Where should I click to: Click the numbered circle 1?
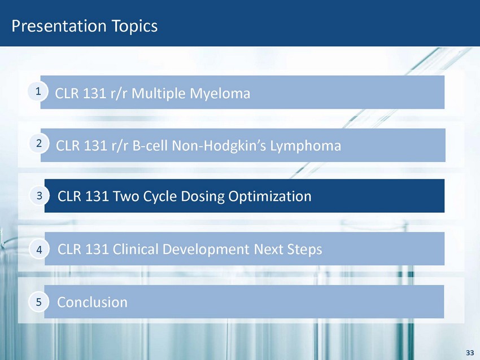click(38, 91)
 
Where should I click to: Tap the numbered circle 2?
click(39, 143)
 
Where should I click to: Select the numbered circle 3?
click(40, 195)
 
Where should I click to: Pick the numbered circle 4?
click(39, 249)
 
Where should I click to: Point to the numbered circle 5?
click(38, 302)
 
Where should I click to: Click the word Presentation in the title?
click(59, 26)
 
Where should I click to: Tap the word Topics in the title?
click(135, 27)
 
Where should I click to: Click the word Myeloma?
click(220, 94)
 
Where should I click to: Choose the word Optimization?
click(270, 197)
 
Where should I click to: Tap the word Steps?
click(304, 249)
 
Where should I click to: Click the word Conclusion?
click(92, 302)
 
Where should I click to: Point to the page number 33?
click(470, 353)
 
